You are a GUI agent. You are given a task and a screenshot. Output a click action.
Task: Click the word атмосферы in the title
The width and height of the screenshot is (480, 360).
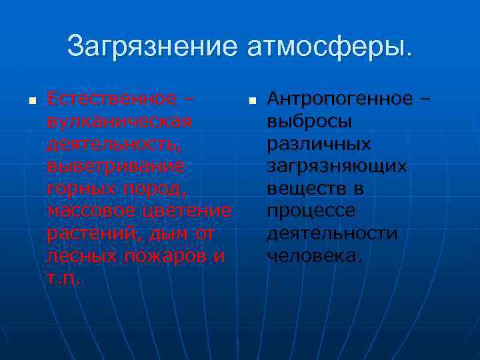click(x=329, y=47)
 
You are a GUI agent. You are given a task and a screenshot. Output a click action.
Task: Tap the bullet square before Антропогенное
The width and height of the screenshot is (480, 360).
click(x=251, y=102)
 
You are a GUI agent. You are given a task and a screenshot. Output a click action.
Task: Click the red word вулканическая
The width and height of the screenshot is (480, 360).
click(x=119, y=121)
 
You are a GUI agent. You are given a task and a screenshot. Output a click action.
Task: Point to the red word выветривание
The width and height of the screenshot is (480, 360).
click(x=115, y=166)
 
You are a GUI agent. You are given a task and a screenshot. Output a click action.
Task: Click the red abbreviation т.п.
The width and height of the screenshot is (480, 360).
click(x=64, y=278)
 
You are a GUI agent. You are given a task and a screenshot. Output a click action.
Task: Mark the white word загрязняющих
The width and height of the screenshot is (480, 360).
click(x=337, y=166)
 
